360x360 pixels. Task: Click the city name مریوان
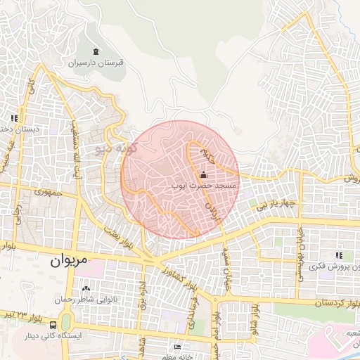[70, 259]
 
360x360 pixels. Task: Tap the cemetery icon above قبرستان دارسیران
[96, 51]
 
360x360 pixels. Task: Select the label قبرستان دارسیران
[96, 63]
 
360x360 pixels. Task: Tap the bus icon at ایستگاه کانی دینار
[53, 325]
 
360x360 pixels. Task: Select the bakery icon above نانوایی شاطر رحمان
[86, 288]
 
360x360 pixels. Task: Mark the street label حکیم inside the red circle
[202, 150]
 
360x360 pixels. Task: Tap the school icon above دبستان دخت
[13, 118]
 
